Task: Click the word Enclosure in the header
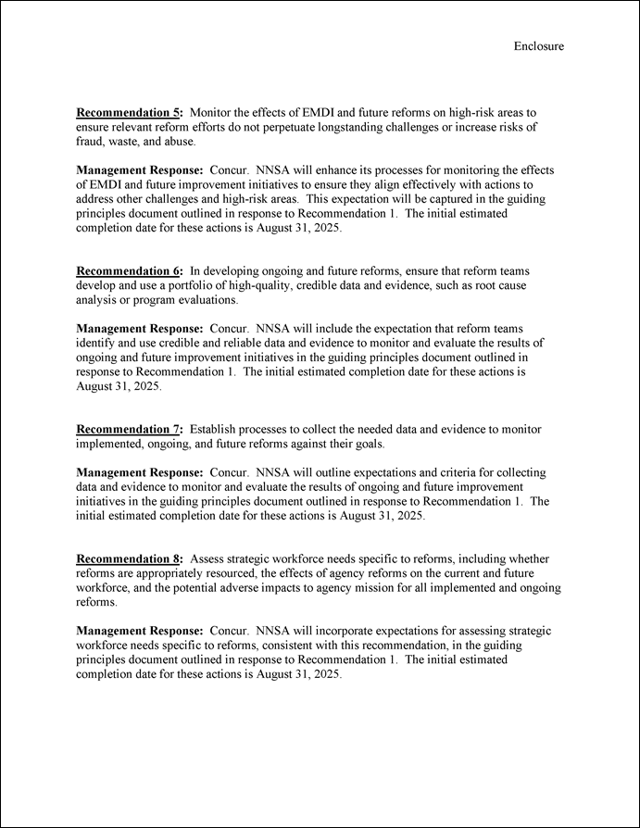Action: (538, 46)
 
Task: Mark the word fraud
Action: (92, 142)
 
